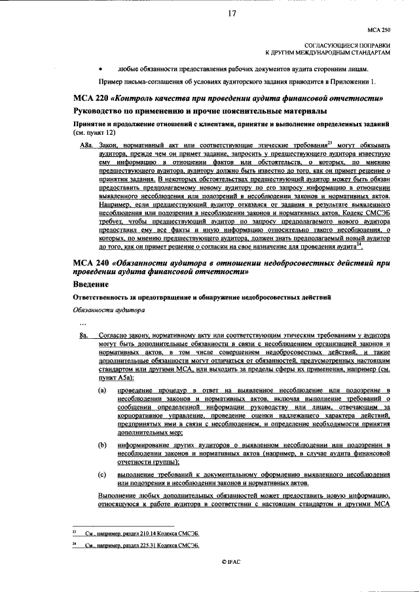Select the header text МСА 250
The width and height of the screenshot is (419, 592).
pos(378,30)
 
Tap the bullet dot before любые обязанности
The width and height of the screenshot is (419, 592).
pos(100,68)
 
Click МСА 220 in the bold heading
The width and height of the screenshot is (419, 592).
pos(91,98)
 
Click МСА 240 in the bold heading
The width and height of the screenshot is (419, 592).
pos(91,264)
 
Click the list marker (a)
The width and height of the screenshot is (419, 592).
pos(102,390)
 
